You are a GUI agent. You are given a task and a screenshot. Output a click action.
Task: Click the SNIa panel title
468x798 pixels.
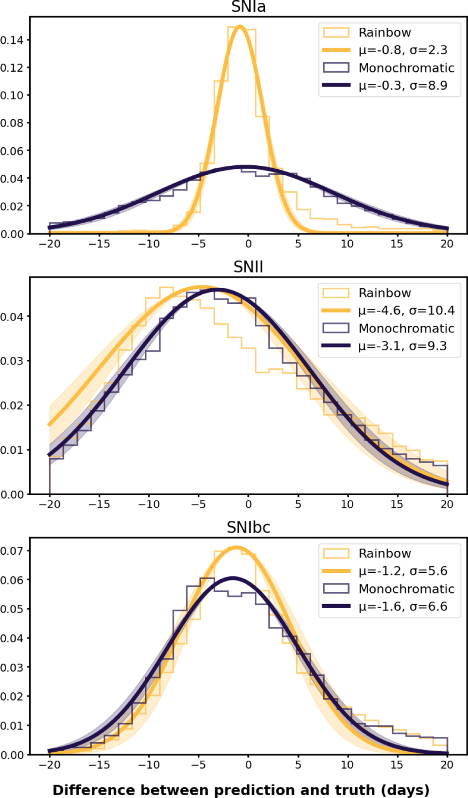point(248,7)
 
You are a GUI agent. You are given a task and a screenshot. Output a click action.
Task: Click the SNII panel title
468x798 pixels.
point(248,267)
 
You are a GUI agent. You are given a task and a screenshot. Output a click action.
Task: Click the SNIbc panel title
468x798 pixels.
point(248,527)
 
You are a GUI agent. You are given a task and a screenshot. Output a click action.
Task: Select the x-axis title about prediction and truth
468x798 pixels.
point(241,790)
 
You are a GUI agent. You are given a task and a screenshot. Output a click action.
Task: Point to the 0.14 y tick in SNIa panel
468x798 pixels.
point(12,40)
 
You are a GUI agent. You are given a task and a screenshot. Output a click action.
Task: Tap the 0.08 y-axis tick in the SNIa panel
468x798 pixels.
point(12,123)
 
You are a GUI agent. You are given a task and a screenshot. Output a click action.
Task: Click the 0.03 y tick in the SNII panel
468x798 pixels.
point(12,361)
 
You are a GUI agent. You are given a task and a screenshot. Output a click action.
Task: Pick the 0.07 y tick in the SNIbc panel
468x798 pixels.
point(12,551)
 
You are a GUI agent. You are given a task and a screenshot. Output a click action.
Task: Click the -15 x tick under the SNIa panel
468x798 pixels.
point(99,244)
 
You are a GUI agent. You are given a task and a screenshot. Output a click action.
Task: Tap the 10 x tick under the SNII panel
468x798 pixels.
point(347,504)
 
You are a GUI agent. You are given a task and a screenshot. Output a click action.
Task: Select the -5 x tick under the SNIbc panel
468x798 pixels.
point(198,765)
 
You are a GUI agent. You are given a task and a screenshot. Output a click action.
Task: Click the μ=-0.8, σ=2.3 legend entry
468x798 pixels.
point(403,50)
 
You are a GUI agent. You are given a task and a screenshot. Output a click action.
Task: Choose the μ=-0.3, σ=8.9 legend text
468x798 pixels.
point(403,85)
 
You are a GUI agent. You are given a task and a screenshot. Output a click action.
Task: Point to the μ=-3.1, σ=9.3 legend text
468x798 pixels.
point(403,346)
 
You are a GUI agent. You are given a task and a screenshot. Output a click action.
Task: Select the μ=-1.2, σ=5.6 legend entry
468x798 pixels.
point(403,571)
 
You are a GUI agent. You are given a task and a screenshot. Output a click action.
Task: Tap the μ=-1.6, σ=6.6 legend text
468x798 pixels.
point(403,606)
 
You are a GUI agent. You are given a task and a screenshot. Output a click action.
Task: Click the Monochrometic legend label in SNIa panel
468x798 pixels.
point(406,68)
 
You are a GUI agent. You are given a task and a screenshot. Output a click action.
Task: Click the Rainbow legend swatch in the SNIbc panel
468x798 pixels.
point(336,553)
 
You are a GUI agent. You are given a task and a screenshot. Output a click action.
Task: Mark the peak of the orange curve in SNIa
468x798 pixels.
point(240,27)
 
